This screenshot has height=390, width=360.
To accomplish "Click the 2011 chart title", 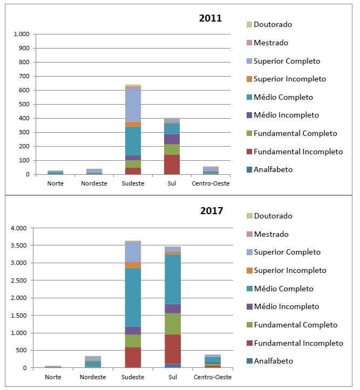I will tap(210, 18).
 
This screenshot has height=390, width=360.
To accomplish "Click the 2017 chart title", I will tap(211, 210).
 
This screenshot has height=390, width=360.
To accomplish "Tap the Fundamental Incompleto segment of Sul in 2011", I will tap(172, 165).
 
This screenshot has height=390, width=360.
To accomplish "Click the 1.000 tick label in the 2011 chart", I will tap(21, 34).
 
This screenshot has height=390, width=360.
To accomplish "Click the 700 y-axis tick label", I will tap(24, 76).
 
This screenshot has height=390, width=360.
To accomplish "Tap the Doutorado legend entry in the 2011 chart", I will tap(273, 24).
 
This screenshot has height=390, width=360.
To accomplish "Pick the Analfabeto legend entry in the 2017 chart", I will tap(273, 361).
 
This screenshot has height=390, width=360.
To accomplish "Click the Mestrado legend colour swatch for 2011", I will tap(249, 43).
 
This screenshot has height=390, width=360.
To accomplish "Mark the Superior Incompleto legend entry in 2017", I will tap(290, 270).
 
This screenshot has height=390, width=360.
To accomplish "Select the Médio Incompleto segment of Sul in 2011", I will tap(172, 139).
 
